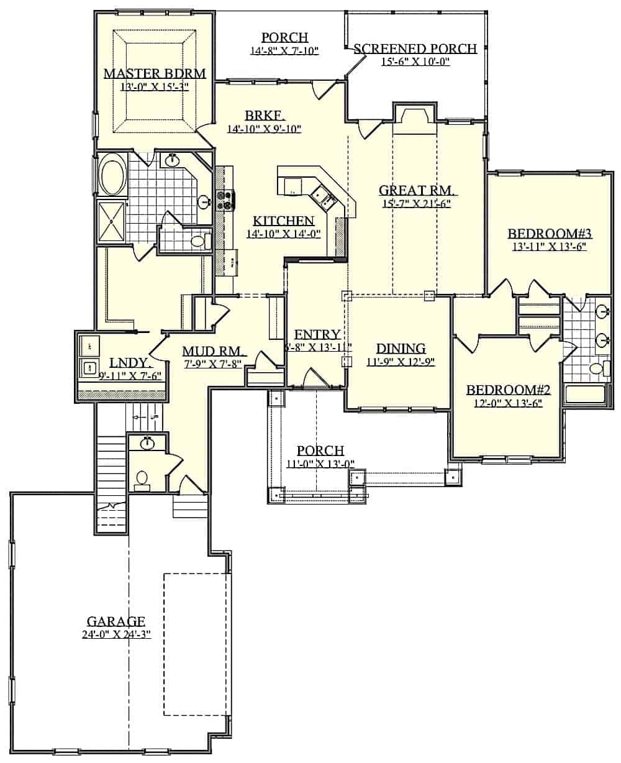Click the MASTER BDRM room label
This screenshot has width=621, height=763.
pos(154,73)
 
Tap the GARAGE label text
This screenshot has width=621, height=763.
pos(116,621)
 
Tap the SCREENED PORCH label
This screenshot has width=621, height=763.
pos(415,48)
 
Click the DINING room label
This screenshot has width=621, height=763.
pos(400,348)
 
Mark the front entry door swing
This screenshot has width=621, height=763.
pos(315,378)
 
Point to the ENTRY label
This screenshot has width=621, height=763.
pos(317,334)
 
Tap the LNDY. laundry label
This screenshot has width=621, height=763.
pos(127,362)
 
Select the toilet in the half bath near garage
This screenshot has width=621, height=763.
pos(142,478)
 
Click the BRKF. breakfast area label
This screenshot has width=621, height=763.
pos(265,116)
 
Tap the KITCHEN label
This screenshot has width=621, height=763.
pos(283,221)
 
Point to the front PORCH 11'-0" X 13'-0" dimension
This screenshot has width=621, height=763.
pos(320,463)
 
